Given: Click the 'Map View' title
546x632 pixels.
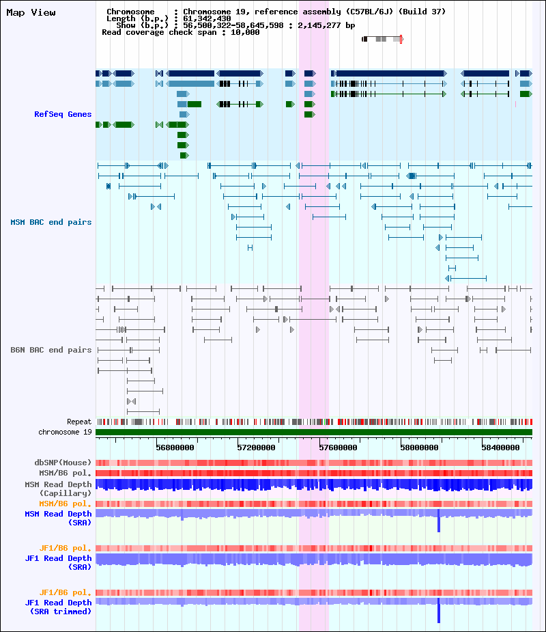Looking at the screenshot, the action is [x=31, y=12].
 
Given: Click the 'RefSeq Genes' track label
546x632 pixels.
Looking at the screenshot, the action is [x=63, y=114].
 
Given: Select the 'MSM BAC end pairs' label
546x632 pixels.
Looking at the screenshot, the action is [x=51, y=222].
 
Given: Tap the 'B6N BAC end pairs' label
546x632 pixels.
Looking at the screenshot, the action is [x=51, y=350].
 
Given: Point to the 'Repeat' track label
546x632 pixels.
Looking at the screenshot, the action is [x=79, y=422].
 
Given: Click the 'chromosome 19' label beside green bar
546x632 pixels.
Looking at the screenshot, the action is [x=66, y=432].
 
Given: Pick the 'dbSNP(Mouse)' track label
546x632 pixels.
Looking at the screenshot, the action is [x=63, y=463].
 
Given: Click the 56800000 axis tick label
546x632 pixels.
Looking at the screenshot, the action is [x=175, y=448].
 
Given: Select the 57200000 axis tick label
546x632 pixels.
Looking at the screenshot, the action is [x=257, y=448].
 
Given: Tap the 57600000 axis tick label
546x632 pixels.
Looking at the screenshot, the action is [x=339, y=448].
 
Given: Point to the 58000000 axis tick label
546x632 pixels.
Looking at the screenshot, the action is [x=420, y=448].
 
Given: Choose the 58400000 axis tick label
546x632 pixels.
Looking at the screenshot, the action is [x=501, y=448].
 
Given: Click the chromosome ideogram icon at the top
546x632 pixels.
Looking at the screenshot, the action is [x=382, y=39].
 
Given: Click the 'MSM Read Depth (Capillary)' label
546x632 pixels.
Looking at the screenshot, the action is [x=59, y=489].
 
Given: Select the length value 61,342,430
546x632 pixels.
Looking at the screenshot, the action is [x=207, y=18].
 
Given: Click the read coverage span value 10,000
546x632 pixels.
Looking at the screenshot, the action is [x=245, y=32].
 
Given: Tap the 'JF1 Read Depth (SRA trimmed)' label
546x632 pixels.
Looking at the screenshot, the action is [x=59, y=607].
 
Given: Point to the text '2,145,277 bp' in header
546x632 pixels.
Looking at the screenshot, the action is [x=326, y=25].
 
